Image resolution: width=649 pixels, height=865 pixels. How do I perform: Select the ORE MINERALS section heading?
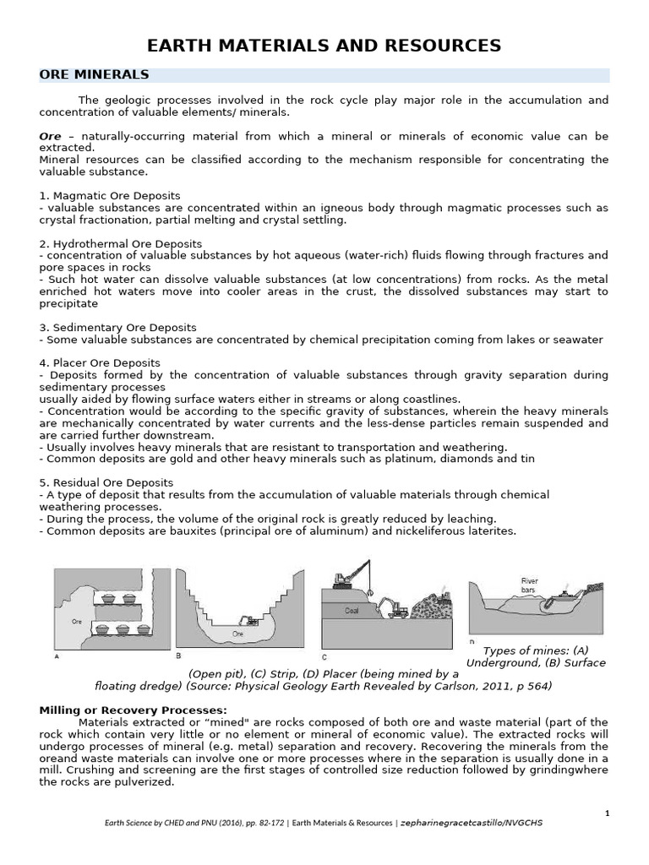tap(94, 75)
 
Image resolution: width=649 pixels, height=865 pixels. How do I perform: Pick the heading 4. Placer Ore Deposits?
tap(106, 363)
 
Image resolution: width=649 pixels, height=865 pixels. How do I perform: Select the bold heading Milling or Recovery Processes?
tap(133, 710)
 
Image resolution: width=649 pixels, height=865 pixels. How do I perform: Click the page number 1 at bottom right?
tap(607, 813)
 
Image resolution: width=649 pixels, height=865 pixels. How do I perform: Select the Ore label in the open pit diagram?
tap(237, 632)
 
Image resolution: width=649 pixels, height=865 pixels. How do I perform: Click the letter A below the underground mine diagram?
tap(57, 656)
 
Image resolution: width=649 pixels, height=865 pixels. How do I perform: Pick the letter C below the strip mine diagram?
tap(324, 656)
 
